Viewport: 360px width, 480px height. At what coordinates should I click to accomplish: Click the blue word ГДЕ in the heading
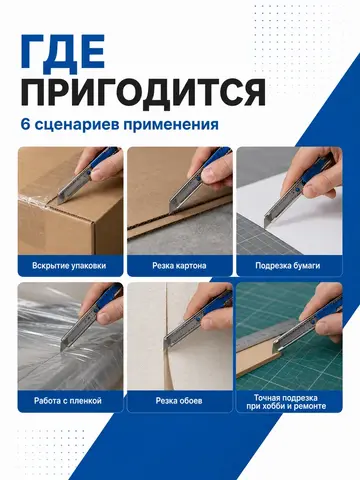click(x=63, y=54)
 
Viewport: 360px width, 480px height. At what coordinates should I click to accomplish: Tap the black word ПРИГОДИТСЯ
click(x=143, y=92)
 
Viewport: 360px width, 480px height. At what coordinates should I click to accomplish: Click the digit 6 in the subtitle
click(x=25, y=125)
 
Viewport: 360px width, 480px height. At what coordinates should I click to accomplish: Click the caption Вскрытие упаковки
click(x=69, y=266)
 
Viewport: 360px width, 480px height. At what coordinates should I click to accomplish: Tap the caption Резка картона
click(x=179, y=266)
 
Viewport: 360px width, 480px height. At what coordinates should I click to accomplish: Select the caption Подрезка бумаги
click(x=288, y=266)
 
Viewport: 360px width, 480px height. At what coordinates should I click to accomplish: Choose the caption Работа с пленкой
click(x=68, y=401)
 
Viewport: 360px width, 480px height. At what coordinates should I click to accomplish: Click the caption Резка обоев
click(x=179, y=401)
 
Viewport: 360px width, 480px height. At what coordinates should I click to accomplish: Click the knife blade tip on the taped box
click(x=59, y=203)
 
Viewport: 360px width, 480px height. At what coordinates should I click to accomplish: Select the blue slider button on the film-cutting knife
click(x=96, y=310)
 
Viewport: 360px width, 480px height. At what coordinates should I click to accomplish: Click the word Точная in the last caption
click(x=265, y=398)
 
